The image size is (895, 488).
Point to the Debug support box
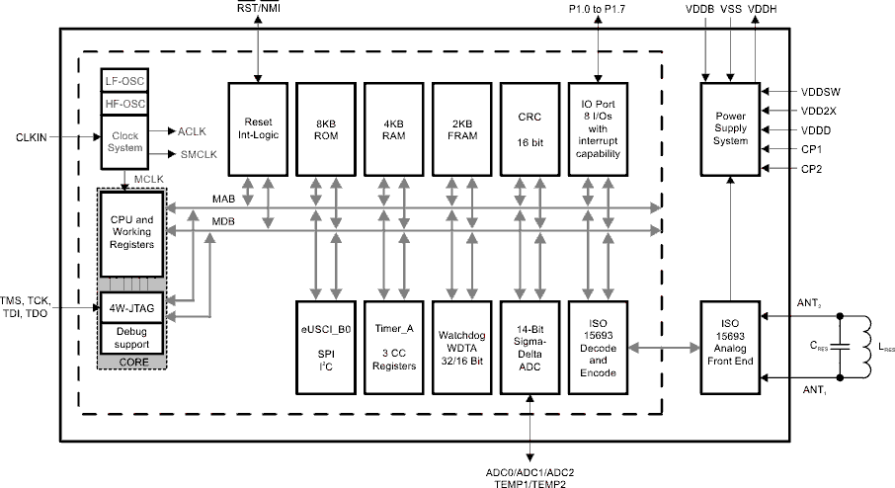pos(129,338)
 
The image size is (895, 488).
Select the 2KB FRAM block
pos(461,127)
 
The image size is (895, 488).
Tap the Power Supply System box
pos(730,127)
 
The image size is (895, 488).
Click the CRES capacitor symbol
pos(840,347)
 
